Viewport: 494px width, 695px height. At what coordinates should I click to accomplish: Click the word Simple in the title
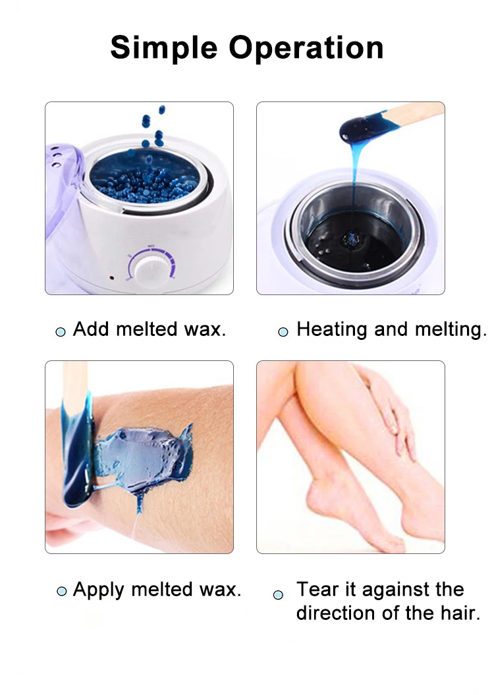tap(164, 49)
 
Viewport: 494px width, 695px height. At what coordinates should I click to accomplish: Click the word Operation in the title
tap(306, 47)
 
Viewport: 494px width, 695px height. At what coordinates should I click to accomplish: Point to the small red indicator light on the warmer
tap(111, 279)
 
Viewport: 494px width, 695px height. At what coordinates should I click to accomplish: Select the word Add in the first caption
tap(91, 329)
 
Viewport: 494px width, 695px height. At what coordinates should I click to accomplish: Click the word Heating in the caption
tap(332, 330)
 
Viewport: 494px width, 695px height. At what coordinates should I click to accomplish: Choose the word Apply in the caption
tap(99, 590)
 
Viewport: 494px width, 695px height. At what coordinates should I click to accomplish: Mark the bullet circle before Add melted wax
tap(60, 331)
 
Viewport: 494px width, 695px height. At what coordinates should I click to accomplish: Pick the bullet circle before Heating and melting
tap(283, 331)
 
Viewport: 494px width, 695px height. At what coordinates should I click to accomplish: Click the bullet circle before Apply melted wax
tap(62, 592)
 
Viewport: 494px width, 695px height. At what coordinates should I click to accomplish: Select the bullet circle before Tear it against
tap(278, 595)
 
